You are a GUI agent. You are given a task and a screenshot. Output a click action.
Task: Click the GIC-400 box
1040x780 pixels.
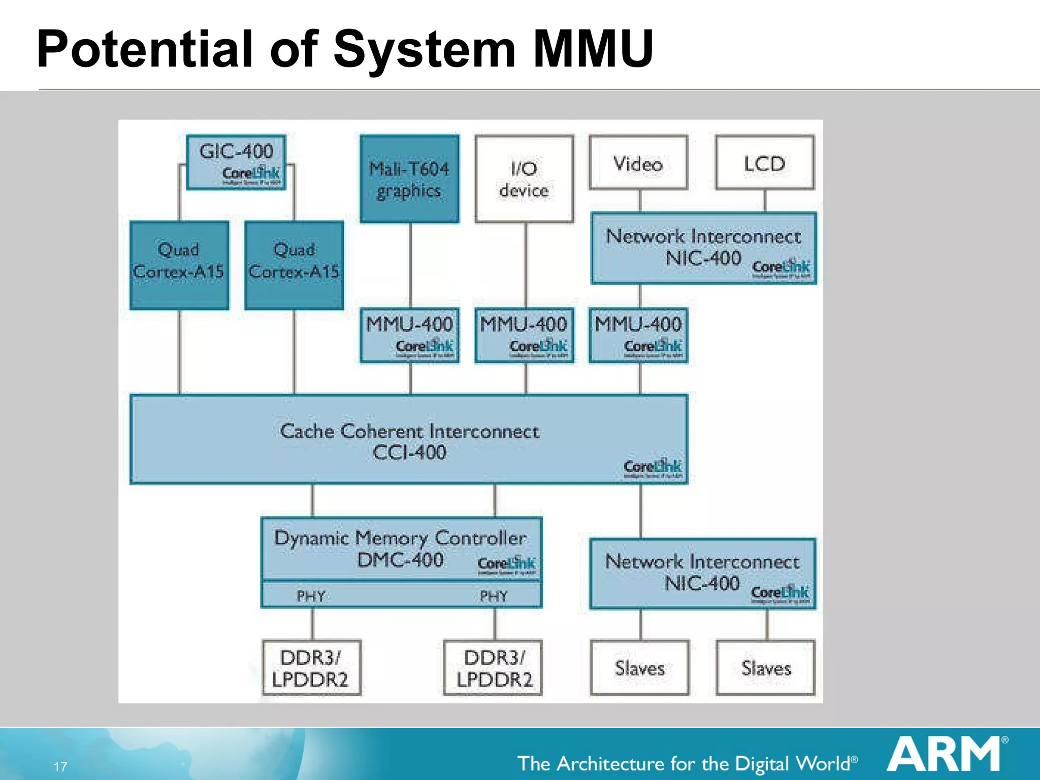[236, 161]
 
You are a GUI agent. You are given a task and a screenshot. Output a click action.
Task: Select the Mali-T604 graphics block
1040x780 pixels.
[409, 179]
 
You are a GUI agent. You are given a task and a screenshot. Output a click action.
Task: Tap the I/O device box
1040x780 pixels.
[524, 179]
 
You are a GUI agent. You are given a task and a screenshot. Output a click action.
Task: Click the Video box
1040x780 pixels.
[638, 163]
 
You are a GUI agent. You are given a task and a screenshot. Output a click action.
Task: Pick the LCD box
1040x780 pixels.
[765, 163]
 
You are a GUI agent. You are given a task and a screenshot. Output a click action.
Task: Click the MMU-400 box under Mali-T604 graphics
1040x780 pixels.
[409, 335]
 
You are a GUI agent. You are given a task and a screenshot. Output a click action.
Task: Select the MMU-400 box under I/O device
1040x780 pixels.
[524, 335]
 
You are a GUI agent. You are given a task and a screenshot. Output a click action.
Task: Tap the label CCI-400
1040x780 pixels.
[409, 452]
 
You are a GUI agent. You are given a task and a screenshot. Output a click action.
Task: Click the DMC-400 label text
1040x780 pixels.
[400, 560]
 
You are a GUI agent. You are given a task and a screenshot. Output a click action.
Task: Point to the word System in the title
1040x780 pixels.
[424, 49]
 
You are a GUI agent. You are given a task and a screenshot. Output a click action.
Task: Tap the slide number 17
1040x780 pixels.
[60, 766]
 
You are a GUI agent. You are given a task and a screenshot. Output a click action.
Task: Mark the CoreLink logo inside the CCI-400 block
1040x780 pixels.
[653, 468]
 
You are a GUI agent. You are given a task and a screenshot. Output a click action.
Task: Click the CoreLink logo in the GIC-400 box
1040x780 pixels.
[251, 175]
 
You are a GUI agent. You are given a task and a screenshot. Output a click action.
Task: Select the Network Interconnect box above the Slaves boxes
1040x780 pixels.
[702, 573]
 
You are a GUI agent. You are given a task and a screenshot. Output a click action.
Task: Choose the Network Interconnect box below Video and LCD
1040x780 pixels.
[703, 247]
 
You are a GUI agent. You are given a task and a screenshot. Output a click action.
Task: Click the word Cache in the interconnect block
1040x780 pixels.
[307, 431]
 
